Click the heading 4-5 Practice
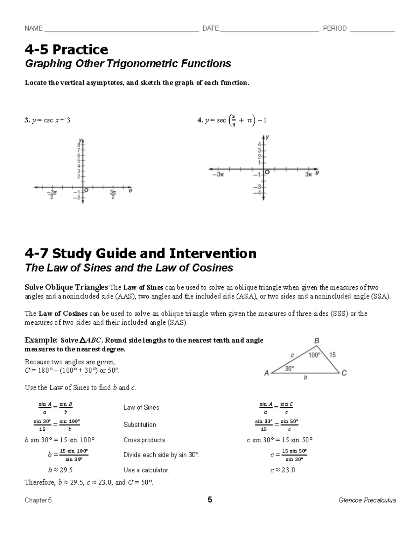66,50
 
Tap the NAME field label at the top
34,28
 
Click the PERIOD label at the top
335,28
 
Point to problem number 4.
200,120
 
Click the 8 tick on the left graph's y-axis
79,144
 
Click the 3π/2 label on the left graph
113,195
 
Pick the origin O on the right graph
267,172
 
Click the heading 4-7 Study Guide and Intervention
140,253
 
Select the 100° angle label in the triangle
314,355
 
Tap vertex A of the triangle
267,373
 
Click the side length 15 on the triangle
332,355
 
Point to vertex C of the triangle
344,373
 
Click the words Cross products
144,440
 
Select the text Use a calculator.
146,470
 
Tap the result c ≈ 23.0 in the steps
282,470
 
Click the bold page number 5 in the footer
210,500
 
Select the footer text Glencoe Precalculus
367,500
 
